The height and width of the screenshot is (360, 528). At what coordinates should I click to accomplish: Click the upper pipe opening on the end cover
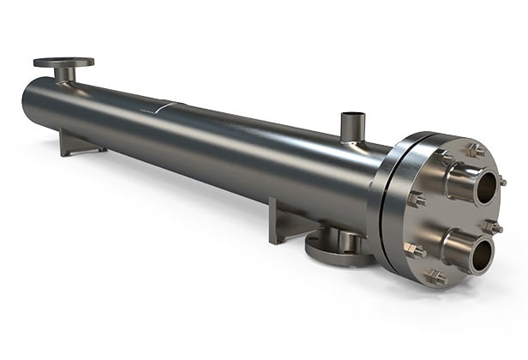(485, 188)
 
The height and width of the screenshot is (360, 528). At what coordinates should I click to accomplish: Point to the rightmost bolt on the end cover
(494, 226)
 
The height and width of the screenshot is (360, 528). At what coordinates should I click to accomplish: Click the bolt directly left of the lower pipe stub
(414, 249)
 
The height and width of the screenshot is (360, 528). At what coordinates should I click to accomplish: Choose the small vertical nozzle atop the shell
(352, 128)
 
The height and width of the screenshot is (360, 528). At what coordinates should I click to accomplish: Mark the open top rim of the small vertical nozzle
(352, 115)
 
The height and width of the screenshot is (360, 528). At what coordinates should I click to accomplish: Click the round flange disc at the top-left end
(63, 63)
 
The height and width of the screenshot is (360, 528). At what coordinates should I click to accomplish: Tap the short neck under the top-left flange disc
(64, 74)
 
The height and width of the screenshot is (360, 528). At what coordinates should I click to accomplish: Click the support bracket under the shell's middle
(287, 220)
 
